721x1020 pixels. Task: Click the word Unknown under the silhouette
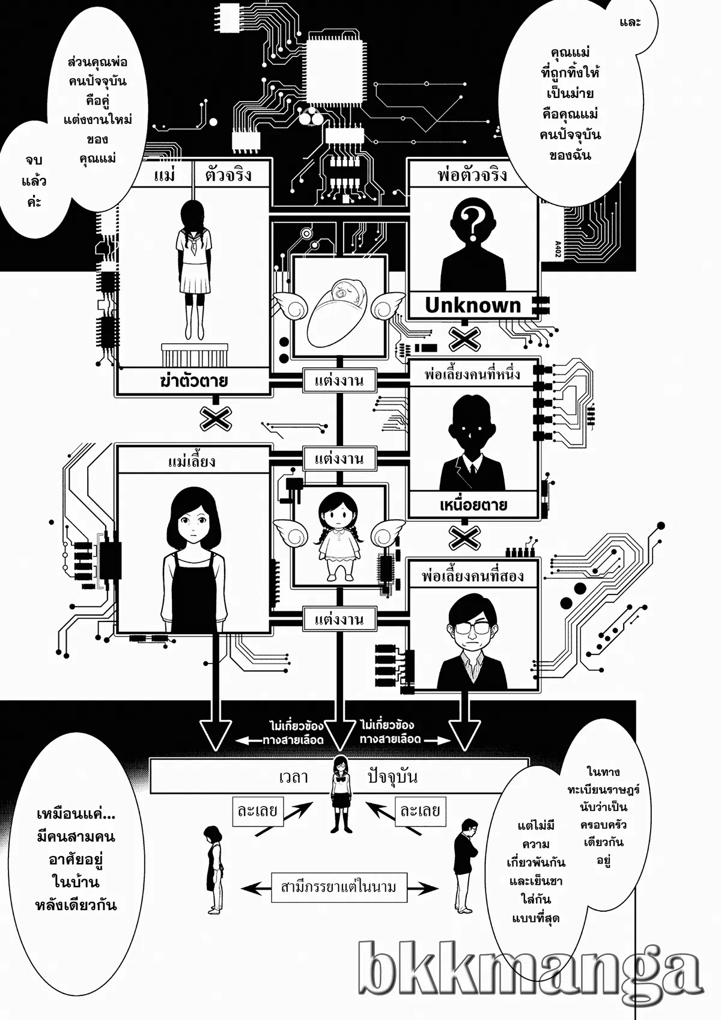tap(472, 305)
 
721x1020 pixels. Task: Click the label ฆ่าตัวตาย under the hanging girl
tap(194, 381)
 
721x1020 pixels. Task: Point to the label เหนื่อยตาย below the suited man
tap(473, 504)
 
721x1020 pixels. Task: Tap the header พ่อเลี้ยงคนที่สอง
tap(473, 576)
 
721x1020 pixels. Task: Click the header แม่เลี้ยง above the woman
tap(192, 461)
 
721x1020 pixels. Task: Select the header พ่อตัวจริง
tap(472, 175)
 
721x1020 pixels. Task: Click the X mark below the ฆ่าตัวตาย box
tap(216, 418)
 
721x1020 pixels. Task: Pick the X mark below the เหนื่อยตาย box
tap(464, 537)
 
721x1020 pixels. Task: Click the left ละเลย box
tap(258, 811)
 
